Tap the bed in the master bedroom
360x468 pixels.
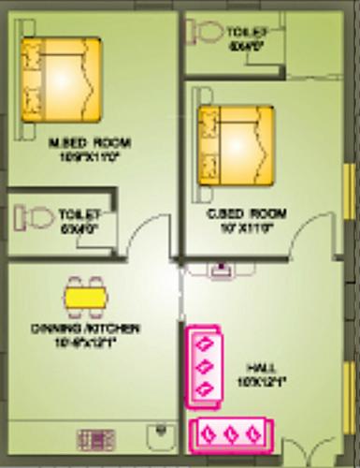pyautogui.click(x=62, y=80)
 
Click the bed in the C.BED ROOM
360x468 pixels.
pyautogui.click(x=236, y=145)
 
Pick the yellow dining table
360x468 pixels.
pyautogui.click(x=85, y=297)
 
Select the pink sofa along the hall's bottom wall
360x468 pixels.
pyautogui.click(x=229, y=435)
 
